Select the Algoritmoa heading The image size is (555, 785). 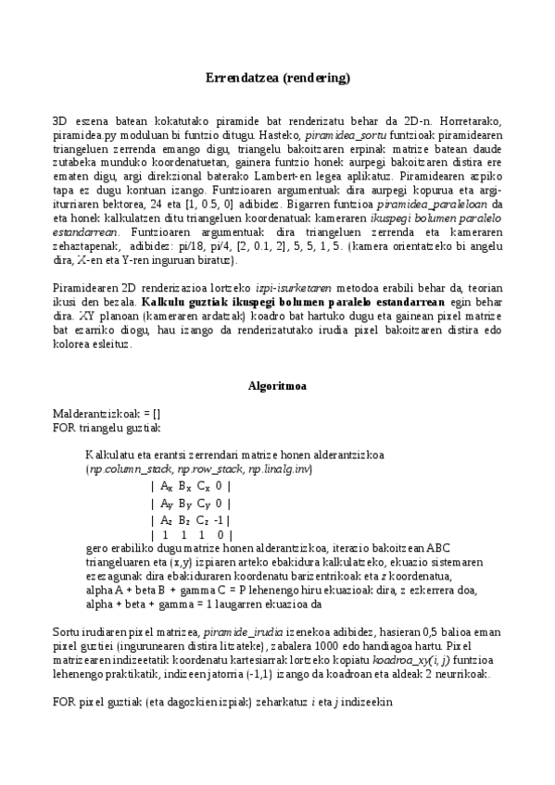[277, 383]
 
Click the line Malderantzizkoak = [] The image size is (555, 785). [106, 412]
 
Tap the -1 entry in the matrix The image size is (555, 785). [215, 519]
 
